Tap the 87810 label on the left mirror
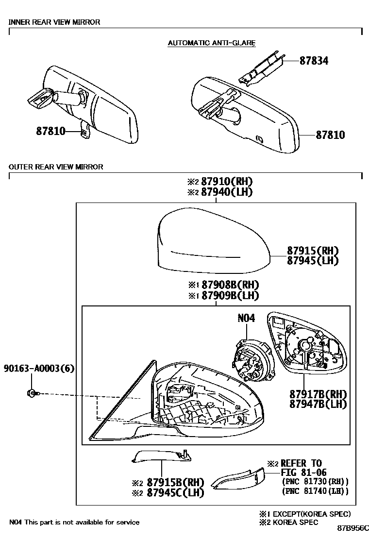[x=50, y=131]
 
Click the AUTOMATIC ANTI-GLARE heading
[x=211, y=43]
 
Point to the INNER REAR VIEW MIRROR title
[x=54, y=22]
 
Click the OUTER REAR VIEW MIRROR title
[x=56, y=167]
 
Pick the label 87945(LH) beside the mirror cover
[x=312, y=261]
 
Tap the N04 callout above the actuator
[x=246, y=319]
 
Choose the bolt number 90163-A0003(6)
[x=39, y=368]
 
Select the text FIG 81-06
[x=303, y=472]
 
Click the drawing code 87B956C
[x=353, y=527]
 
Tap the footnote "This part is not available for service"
[x=82, y=522]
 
